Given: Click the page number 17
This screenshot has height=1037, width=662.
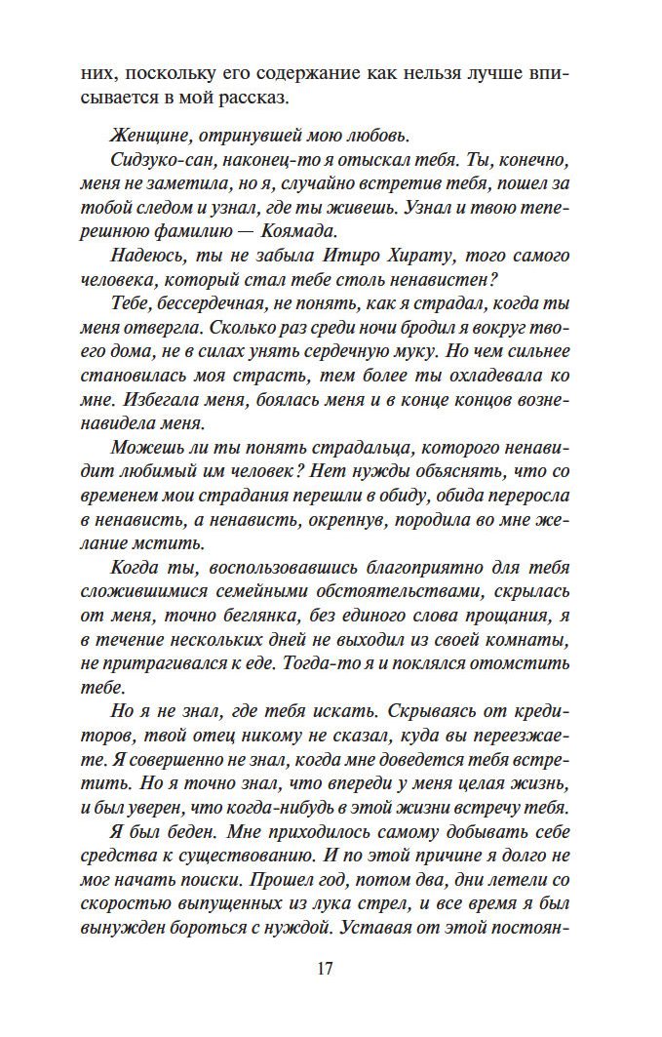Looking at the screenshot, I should [x=326, y=969].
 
